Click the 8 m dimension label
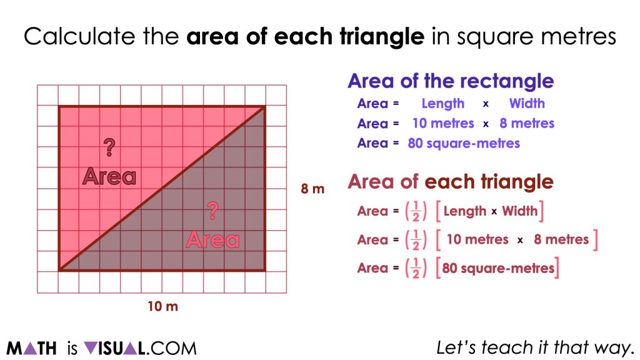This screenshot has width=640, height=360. point(312,189)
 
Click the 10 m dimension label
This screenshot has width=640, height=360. point(163,306)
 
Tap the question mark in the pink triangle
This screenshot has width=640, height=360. point(109,147)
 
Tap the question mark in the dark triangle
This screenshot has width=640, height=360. point(212,211)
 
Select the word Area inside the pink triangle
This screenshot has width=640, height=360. point(109,176)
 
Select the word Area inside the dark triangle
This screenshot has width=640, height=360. point(212,239)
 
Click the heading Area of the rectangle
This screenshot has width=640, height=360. point(451,81)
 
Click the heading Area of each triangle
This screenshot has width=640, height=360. point(451,182)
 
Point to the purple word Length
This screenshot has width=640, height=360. point(443,104)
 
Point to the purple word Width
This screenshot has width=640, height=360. point(527,103)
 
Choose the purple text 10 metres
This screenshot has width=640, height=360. point(443,123)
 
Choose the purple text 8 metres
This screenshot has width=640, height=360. point(527,123)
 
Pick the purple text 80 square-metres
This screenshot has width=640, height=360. point(464,143)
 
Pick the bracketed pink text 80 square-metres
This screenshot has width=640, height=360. point(498,268)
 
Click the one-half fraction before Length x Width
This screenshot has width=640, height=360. point(416,211)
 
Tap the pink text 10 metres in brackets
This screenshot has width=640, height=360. point(477,239)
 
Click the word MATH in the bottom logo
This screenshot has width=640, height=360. point(31,349)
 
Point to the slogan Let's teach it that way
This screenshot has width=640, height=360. point(536,347)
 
